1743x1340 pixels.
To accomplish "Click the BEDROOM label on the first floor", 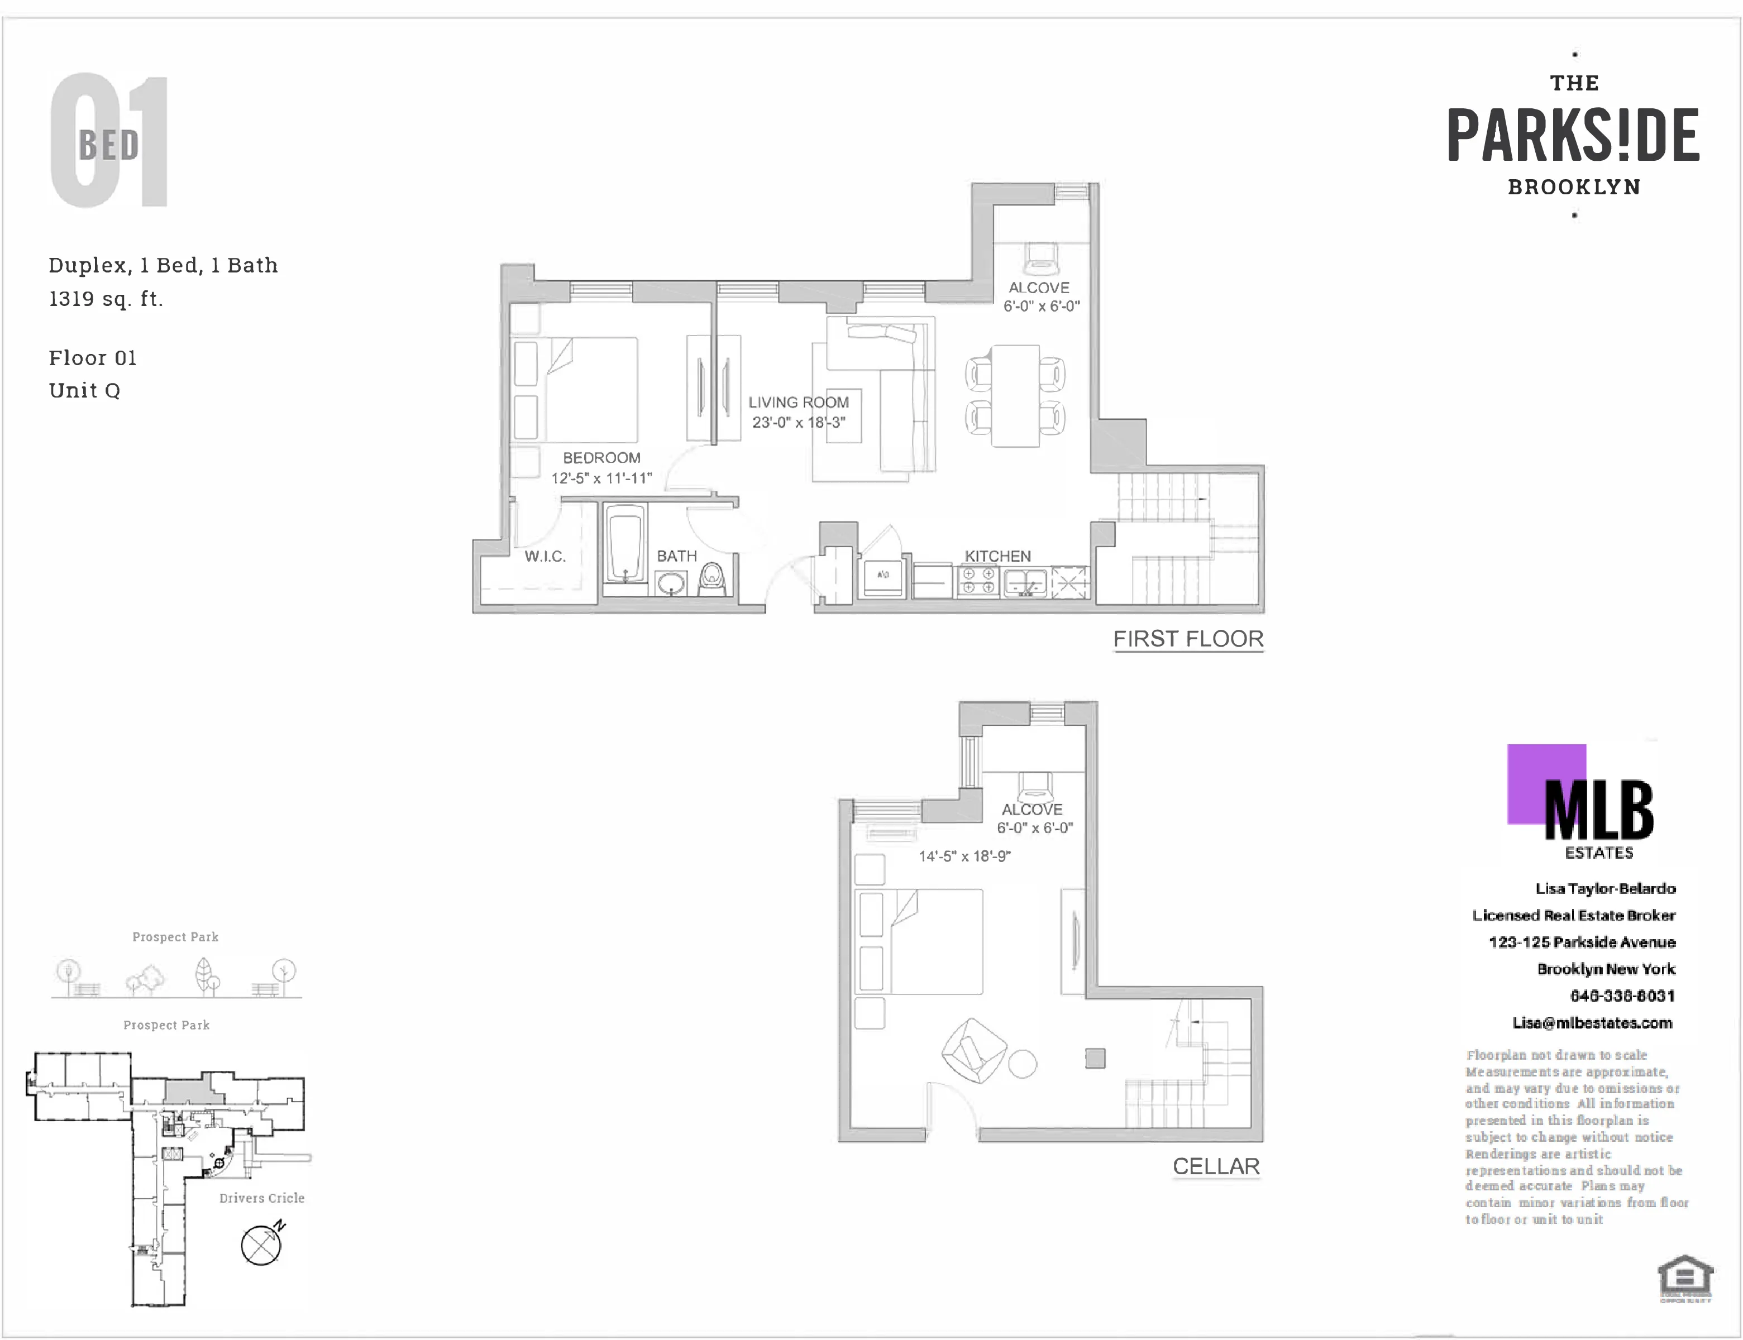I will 601,458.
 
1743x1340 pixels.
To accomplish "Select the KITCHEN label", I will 997,556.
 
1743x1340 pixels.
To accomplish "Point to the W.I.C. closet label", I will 545,556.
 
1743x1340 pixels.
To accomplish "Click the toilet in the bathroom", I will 711,579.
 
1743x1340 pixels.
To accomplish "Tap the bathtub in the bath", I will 624,548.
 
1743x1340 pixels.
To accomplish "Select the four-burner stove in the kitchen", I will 978,581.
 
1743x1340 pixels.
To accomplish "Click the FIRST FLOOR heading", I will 1188,639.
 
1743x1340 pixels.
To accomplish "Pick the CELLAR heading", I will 1216,1166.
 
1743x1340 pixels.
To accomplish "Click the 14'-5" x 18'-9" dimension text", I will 964,856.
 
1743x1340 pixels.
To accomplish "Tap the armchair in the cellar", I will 973,1050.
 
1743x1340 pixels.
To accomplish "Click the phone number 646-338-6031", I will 1622,996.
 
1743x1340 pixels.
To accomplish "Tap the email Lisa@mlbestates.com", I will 1592,1022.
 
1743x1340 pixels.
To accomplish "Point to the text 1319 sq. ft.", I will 106,299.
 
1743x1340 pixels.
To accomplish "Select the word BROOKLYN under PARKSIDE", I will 1574,186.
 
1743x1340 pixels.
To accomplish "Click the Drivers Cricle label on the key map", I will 262,1198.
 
